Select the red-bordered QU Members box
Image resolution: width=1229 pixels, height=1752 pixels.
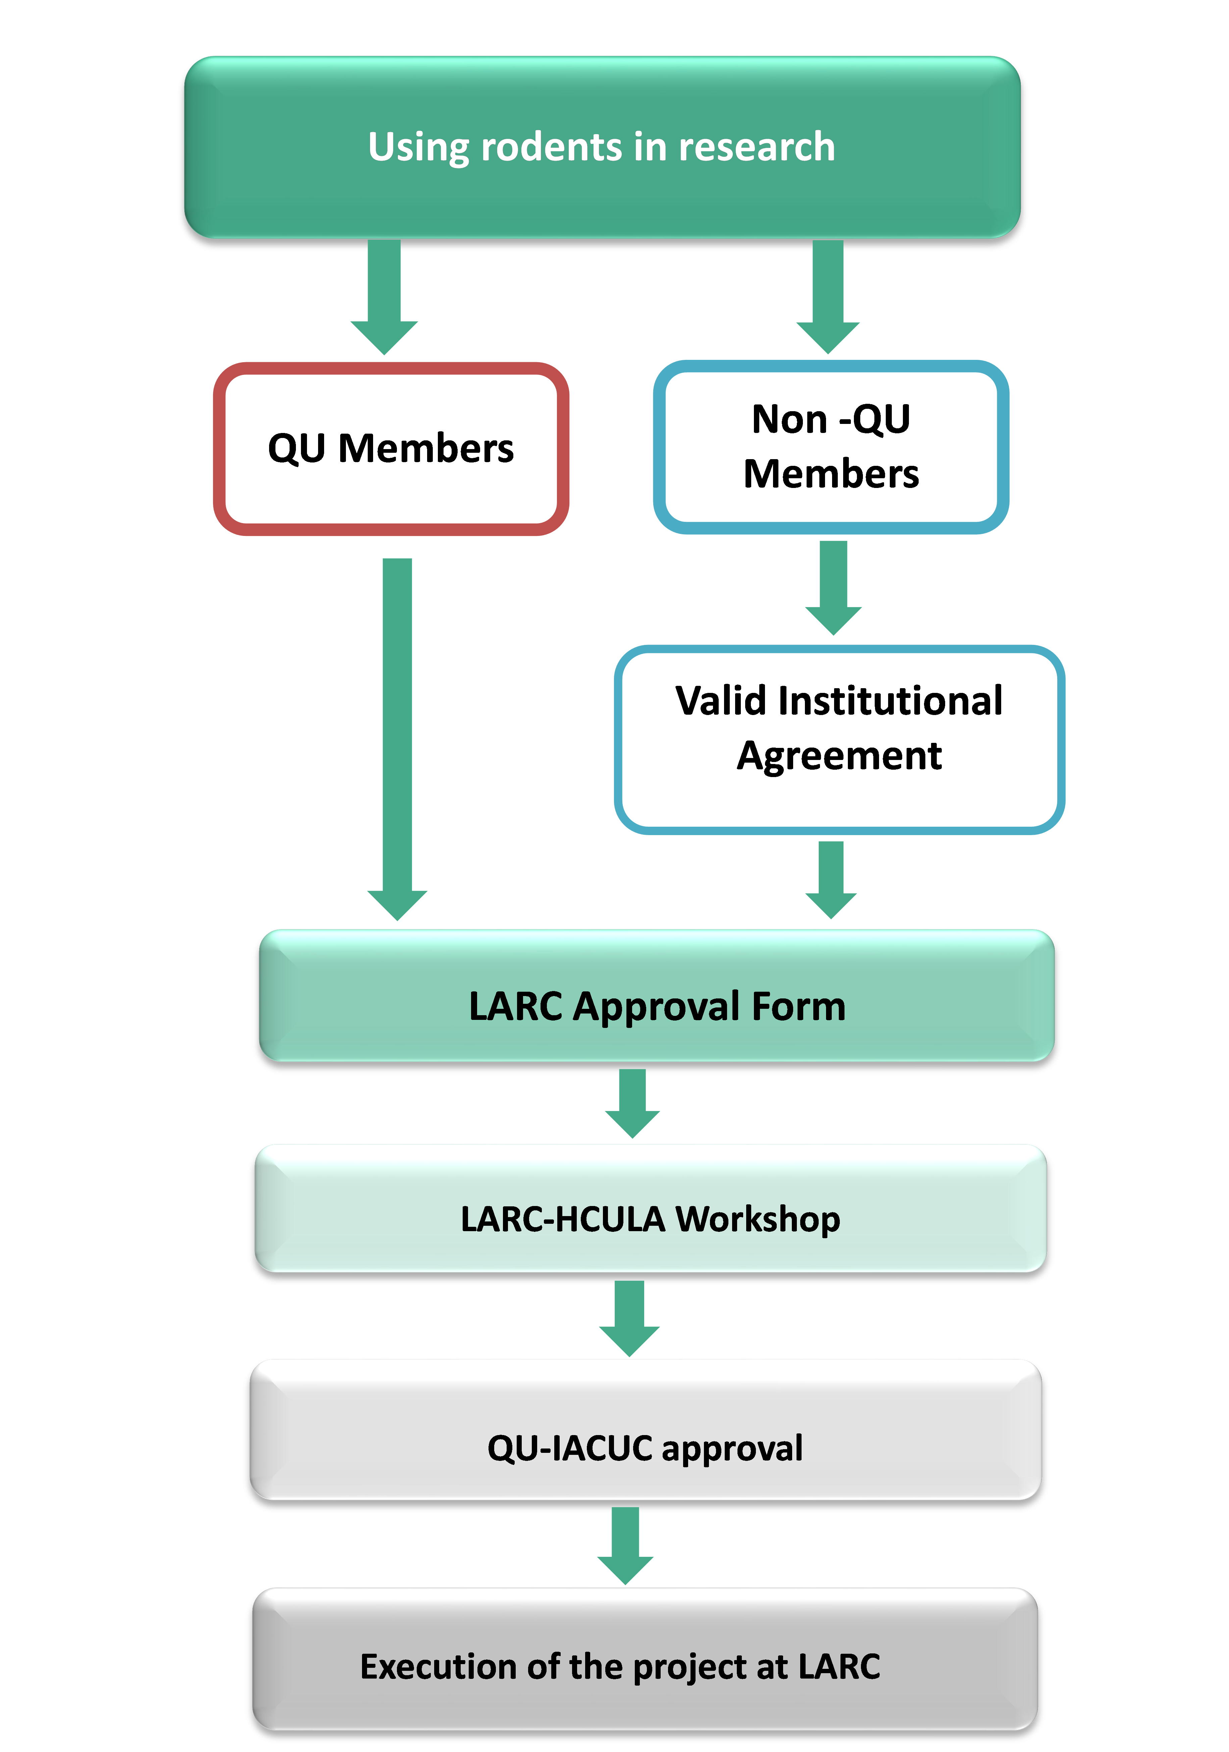(x=391, y=449)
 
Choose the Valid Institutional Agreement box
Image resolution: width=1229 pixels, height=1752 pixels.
(x=839, y=738)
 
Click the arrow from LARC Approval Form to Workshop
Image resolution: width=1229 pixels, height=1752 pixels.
(x=632, y=1103)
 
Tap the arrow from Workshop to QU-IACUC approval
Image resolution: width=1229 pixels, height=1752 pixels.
(x=629, y=1318)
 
